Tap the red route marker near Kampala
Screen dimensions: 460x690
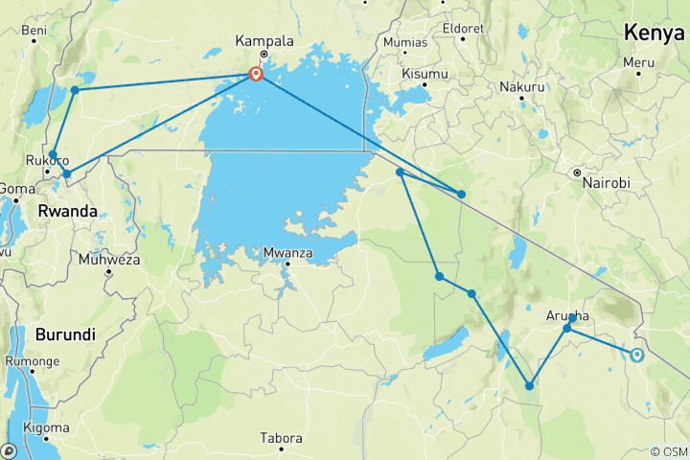pos(256,74)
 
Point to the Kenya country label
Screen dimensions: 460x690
pos(653,33)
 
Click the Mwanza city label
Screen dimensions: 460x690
pos(286,253)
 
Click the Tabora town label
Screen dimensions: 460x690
pos(282,439)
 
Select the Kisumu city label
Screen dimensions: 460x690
pos(425,74)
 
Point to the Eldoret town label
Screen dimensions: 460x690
pos(463,28)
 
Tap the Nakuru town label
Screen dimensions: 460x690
pos(521,87)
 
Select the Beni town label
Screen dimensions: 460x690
pos(34,31)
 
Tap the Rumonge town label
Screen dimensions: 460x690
pos(32,361)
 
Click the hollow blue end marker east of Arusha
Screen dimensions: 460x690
pos(636,355)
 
